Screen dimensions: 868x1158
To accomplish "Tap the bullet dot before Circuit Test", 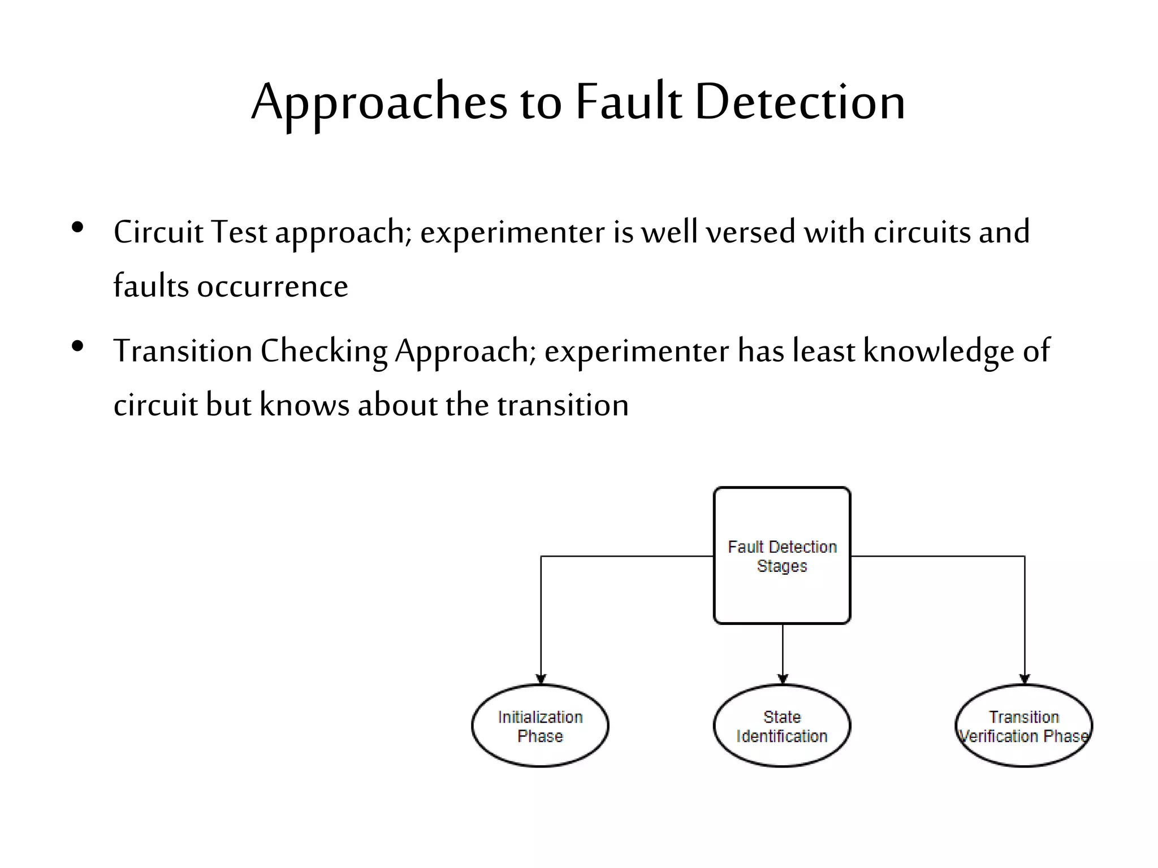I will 78,228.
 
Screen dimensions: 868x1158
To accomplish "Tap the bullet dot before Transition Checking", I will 78,346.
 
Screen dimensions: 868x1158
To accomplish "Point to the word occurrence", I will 273,287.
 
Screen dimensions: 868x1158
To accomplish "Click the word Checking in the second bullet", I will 324,351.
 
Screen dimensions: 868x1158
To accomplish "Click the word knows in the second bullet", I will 304,405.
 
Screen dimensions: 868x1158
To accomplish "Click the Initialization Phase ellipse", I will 540,726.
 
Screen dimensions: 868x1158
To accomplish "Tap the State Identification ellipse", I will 782,726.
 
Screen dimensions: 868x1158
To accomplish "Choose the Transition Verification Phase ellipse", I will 1024,726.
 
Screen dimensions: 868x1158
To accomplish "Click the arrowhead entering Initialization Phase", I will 541,679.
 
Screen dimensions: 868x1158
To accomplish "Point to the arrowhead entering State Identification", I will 783,679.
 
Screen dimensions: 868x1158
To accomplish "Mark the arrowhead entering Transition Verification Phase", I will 1025,679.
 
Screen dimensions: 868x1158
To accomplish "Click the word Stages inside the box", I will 782,566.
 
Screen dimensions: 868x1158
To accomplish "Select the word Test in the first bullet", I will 239,232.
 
